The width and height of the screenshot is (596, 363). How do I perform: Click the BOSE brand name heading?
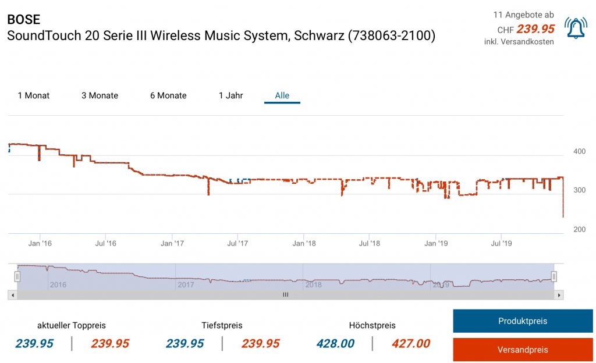pos(24,19)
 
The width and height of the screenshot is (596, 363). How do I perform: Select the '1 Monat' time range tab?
pos(34,95)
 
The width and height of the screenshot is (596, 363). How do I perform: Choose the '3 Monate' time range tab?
pos(100,95)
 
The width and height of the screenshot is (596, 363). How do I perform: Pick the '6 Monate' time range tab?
pos(168,95)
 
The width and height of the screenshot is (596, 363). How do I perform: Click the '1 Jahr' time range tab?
pos(231,95)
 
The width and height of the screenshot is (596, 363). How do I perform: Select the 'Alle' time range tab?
pos(282,95)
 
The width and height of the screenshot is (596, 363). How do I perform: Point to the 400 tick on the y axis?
pos(579,151)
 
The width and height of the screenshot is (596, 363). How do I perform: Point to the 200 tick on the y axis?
pos(579,229)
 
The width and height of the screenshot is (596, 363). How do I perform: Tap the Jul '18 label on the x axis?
pos(370,243)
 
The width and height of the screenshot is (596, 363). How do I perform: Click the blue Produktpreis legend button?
pos(523,321)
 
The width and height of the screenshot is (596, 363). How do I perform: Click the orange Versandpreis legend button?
pos(523,350)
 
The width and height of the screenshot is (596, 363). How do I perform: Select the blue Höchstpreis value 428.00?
pos(336,344)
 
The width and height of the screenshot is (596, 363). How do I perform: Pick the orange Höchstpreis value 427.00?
pos(411,344)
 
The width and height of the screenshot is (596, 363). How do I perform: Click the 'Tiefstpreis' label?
pos(222,325)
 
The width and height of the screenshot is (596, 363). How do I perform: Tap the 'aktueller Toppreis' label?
pos(72,325)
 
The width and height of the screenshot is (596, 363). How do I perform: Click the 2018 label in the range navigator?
pos(313,284)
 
